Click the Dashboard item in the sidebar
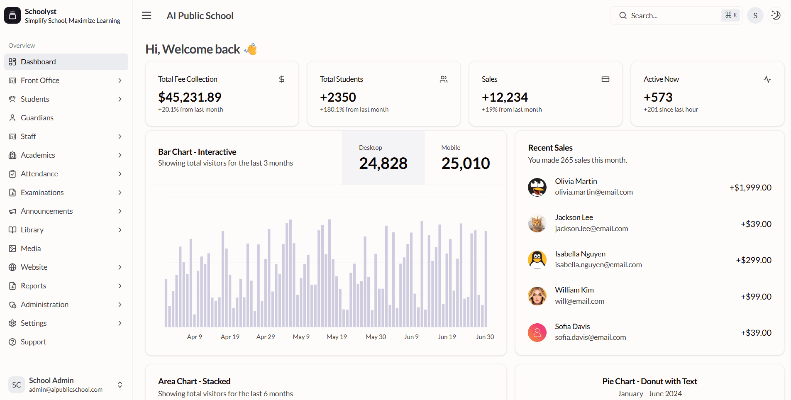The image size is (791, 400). tap(38, 62)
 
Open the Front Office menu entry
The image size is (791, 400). tap(40, 80)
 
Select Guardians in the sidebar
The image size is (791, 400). tap(37, 118)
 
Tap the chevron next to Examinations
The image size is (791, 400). tap(120, 193)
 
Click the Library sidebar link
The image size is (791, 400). tap(32, 230)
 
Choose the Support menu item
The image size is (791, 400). tap(33, 342)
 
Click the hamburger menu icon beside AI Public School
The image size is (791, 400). tap(146, 16)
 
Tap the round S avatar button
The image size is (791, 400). tap(755, 16)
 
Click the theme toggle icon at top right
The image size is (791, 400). tap(776, 16)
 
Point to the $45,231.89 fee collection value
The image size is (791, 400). tap(190, 97)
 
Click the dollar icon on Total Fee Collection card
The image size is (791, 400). tap(282, 79)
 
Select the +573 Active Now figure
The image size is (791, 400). tap(658, 97)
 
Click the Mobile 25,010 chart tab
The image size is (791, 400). tap(465, 158)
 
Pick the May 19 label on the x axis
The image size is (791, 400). tap(337, 337)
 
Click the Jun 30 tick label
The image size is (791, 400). tap(485, 337)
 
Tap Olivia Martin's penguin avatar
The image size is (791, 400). tap(537, 187)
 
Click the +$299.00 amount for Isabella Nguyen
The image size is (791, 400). tap(754, 260)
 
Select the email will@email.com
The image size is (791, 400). tap(579, 301)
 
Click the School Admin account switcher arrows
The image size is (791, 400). tap(120, 385)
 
